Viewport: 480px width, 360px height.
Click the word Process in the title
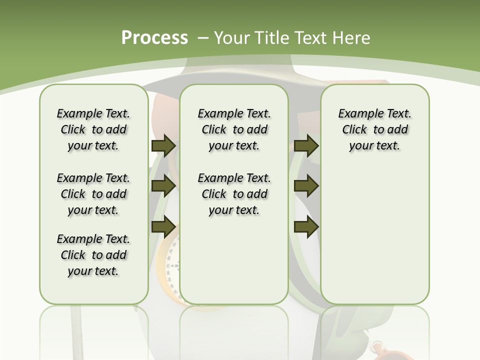pyautogui.click(x=154, y=38)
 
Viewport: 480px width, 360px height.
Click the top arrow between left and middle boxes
pyautogui.click(x=163, y=146)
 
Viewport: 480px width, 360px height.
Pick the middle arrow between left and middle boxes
pyautogui.click(x=163, y=186)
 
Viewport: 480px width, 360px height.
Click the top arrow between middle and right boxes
pyautogui.click(x=306, y=146)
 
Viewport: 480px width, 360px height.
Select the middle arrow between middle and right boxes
pyautogui.click(x=306, y=186)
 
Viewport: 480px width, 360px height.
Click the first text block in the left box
pyautogui.click(x=93, y=130)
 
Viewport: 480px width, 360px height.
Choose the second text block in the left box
pyautogui.click(x=93, y=194)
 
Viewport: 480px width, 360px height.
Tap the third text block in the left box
pyautogui.click(x=93, y=255)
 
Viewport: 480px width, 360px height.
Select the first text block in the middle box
pyautogui.click(x=234, y=130)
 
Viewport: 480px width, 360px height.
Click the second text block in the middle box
pyautogui.click(x=234, y=194)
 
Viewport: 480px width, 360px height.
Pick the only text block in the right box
pyautogui.click(x=374, y=130)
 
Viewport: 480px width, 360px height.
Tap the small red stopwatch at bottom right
pyautogui.click(x=378, y=349)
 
